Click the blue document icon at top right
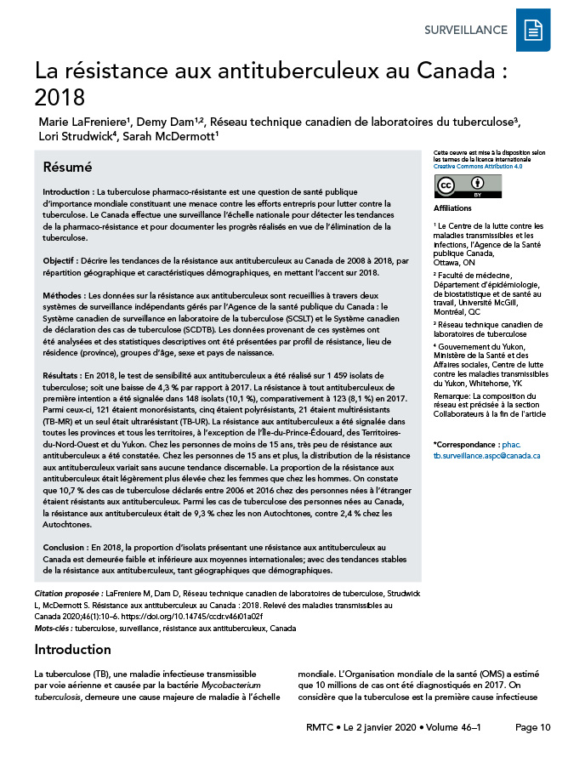533,31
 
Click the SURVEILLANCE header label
466,31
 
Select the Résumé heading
67,167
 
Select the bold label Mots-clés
53,628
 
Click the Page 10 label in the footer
533,727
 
